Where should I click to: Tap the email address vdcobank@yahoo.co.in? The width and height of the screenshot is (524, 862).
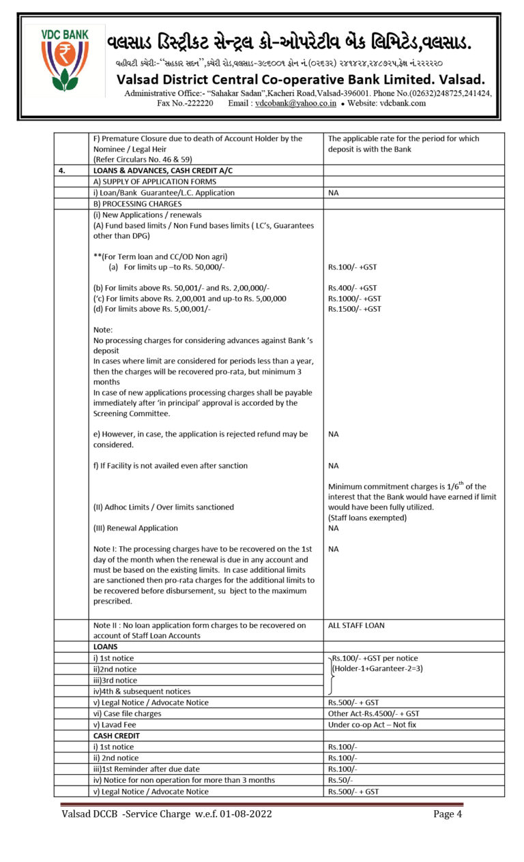[295, 104]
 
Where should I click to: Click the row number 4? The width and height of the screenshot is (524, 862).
[61, 170]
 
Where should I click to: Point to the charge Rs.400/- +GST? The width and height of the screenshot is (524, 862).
[352, 288]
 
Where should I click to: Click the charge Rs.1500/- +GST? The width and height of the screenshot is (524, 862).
[354, 309]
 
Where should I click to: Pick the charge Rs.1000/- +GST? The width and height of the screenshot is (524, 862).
[354, 299]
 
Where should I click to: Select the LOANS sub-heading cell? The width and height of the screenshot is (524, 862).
[106, 646]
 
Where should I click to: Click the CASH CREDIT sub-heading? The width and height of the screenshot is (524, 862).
[117, 736]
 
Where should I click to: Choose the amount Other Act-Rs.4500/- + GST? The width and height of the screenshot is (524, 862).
[373, 713]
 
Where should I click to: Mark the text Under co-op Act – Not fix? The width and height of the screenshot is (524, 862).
[372, 725]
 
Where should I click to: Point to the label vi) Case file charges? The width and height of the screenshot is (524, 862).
[128, 713]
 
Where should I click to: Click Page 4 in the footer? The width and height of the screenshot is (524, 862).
[448, 814]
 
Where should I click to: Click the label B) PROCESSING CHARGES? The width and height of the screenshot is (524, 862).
[137, 204]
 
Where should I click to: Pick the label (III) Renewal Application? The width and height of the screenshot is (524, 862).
[135, 528]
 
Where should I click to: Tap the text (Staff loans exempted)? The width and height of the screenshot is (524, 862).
[367, 518]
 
